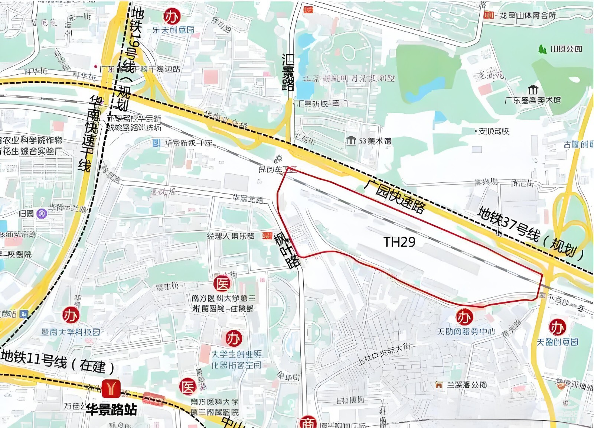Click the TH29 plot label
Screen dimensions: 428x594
click(399, 242)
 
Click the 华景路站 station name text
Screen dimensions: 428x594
click(111, 409)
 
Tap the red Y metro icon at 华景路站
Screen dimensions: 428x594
click(111, 388)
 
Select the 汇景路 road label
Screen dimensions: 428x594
click(288, 72)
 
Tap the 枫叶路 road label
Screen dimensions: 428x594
click(287, 250)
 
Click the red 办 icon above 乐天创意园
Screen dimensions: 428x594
click(172, 16)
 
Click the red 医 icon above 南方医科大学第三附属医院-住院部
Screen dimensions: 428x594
click(222, 284)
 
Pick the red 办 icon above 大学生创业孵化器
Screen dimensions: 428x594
click(234, 338)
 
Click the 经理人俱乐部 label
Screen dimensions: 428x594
click(231, 236)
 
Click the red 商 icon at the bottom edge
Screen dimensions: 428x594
click(308, 423)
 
